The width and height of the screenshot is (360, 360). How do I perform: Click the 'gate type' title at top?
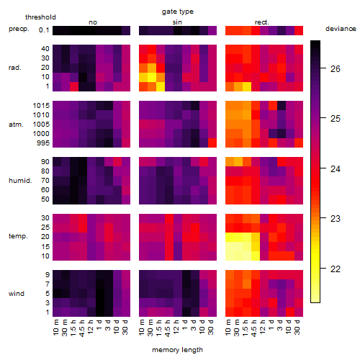178,12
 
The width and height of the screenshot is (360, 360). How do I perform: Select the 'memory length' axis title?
177,350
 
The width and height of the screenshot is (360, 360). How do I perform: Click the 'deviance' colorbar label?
341,29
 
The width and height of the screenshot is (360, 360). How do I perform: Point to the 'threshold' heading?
40,17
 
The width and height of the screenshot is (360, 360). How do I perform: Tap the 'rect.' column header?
262,22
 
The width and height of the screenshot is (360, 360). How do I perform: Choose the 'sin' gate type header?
177,22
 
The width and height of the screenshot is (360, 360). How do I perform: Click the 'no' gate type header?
93,22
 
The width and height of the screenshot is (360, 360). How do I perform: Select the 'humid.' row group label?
20,181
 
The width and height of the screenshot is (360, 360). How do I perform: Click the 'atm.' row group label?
16,125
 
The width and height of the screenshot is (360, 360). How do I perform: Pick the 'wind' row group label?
17,294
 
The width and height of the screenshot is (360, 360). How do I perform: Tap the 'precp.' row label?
19,29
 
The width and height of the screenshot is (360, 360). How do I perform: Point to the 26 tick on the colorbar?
336,69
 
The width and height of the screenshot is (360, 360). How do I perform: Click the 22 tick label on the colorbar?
336,269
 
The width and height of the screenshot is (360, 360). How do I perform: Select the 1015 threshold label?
41,106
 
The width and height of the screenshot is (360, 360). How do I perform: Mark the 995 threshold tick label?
43,143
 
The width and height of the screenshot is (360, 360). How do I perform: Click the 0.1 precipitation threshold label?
44,30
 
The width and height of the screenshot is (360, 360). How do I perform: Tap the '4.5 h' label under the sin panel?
168,328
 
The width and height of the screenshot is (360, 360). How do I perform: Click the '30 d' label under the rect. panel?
297,327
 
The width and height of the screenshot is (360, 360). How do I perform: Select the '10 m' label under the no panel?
55,328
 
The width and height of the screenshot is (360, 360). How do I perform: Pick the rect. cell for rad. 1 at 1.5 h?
247,86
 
